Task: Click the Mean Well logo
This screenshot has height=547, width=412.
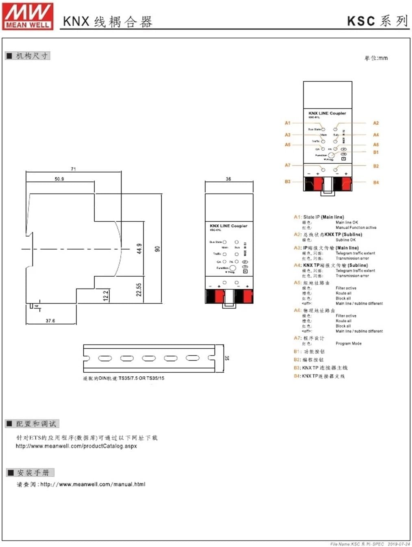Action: coord(28,16)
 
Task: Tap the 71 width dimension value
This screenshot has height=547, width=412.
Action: coord(73,169)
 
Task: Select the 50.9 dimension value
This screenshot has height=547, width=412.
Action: coord(59,179)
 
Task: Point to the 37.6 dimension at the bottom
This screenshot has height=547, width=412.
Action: coord(50,321)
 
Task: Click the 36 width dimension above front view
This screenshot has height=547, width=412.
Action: coord(228,179)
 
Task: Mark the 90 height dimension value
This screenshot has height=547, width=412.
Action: coord(158,249)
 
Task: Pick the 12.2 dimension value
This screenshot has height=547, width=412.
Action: coord(106,295)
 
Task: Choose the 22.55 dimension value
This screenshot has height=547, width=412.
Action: coord(139,290)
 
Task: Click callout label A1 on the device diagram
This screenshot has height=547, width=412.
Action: coord(288,123)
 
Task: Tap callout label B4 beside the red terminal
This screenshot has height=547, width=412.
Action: coord(376,182)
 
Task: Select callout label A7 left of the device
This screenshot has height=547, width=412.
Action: coord(288,165)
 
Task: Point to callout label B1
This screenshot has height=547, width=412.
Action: coord(376,152)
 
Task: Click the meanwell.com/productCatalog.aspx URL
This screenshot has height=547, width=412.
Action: coord(76,446)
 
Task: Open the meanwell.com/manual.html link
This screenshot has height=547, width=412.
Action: coord(93,484)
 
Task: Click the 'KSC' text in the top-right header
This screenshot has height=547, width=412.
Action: coord(361,21)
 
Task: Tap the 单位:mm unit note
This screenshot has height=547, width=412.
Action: coord(376,58)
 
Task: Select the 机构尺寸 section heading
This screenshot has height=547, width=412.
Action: coord(32,56)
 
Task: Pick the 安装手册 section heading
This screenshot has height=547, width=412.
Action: coord(33,473)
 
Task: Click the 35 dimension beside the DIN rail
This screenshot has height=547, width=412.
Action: coord(227,358)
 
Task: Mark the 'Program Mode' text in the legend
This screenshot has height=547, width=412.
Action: coord(348,343)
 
